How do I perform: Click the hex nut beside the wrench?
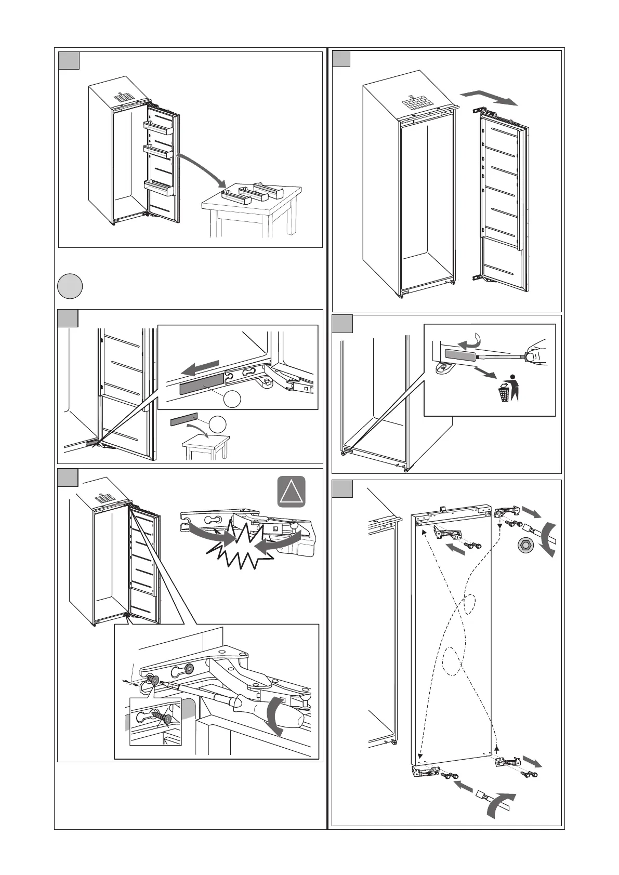pyautogui.click(x=523, y=545)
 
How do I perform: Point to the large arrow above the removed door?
pyautogui.click(x=489, y=97)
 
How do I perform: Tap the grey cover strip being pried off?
pyautogui.click(x=459, y=355)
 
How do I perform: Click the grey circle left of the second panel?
pyautogui.click(x=70, y=287)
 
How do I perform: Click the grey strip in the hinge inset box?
pyautogui.click(x=202, y=383)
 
